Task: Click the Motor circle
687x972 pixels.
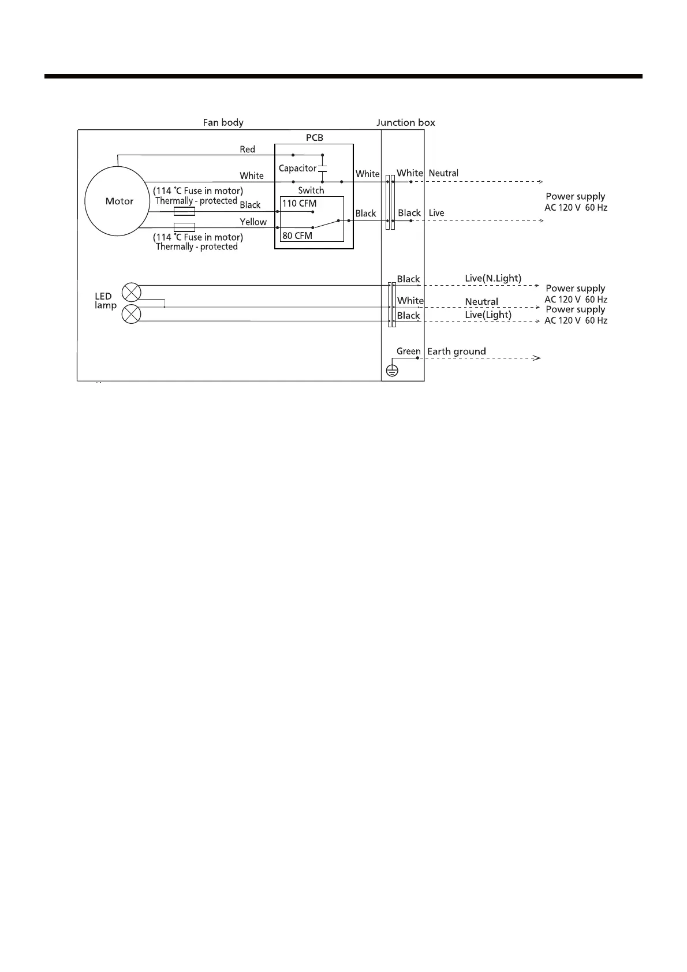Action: [x=118, y=201]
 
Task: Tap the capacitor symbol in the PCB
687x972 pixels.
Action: [x=323, y=169]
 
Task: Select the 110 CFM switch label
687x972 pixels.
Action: [x=299, y=203]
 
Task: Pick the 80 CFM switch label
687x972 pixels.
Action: [x=297, y=235]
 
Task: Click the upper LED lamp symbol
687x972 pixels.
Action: [x=132, y=291]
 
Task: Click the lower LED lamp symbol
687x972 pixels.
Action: [x=132, y=315]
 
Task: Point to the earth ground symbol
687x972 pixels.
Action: [x=391, y=371]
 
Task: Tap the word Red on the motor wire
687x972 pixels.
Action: [x=247, y=149]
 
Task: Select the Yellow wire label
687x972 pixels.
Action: [x=253, y=222]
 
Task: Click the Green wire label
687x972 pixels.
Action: [x=408, y=351]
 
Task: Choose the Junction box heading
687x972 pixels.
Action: [x=405, y=122]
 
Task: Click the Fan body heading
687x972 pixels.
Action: [x=223, y=122]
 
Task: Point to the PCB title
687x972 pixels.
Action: [x=314, y=137]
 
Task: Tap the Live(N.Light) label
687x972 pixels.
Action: [x=492, y=278]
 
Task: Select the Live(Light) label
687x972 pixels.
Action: [x=488, y=315]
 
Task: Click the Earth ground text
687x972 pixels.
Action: [x=456, y=351]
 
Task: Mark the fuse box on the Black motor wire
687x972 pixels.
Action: [x=184, y=212]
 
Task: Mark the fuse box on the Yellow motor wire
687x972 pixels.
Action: [x=184, y=227]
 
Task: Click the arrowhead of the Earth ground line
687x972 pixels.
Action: [x=537, y=358]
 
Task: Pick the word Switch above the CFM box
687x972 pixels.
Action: [x=311, y=190]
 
